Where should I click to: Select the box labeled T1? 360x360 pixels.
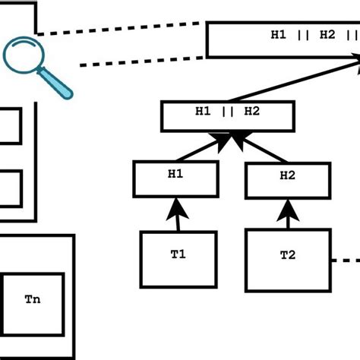(178, 259)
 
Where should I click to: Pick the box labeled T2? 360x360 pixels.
(288, 258)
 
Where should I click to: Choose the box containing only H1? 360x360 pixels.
(175, 178)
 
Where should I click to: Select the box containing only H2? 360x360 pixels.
(288, 180)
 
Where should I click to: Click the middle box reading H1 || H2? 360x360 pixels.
(227, 115)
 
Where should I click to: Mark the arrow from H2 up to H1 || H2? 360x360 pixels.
(262, 148)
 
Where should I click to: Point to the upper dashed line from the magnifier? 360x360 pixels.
(122, 28)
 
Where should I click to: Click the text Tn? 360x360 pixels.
(32, 299)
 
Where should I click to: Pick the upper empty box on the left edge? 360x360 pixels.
(9, 125)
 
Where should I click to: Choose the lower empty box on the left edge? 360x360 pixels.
(9, 188)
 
